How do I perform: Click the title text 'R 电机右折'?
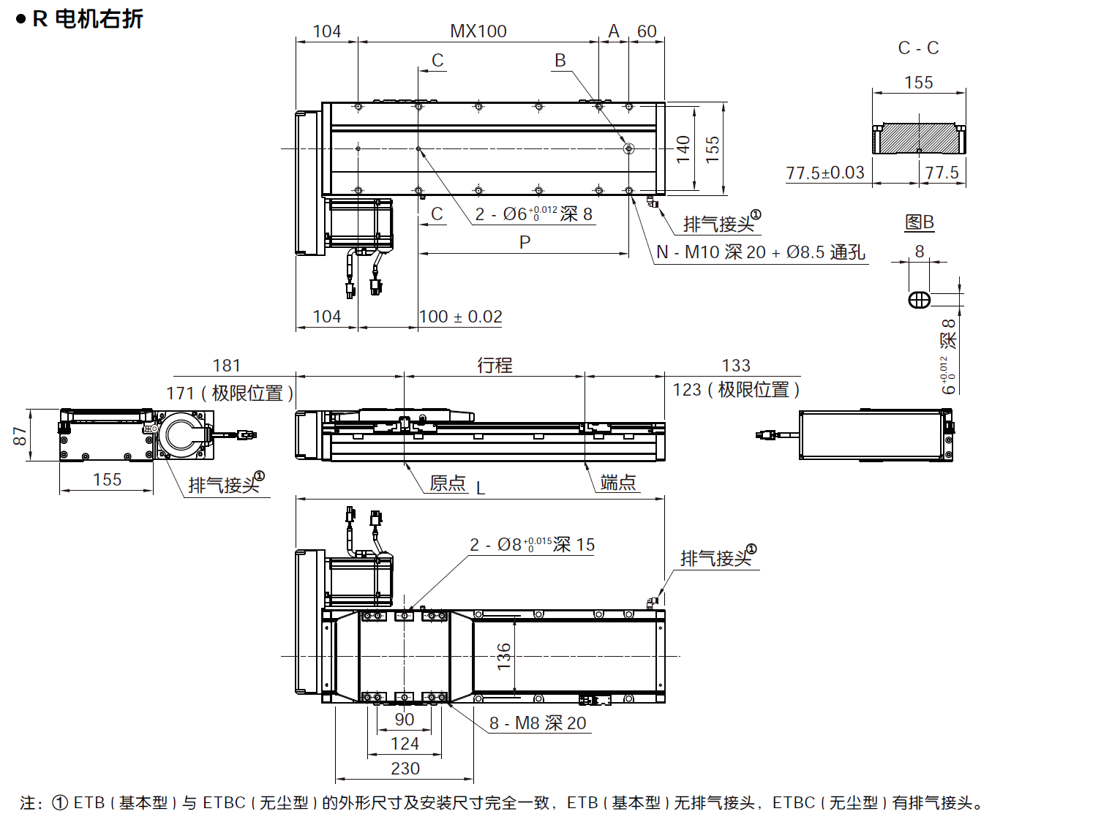(x=88, y=19)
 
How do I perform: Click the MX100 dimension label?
(x=478, y=31)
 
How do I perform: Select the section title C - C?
(x=918, y=48)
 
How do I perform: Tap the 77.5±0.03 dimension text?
(x=825, y=173)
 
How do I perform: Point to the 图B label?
(x=920, y=222)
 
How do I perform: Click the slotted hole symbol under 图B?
(x=920, y=300)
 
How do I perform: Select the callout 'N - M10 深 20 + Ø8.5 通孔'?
(x=761, y=252)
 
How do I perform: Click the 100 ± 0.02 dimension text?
(x=461, y=317)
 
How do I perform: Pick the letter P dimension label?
(x=525, y=242)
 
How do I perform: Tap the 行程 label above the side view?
(x=495, y=365)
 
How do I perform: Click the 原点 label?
(x=448, y=483)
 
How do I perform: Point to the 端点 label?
(x=618, y=483)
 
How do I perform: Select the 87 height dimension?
(x=20, y=436)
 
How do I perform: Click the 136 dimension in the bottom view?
(x=504, y=656)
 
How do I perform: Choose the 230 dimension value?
(x=405, y=769)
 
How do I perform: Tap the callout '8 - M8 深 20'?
(x=538, y=723)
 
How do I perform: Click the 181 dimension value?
(x=227, y=366)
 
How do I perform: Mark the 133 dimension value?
(x=736, y=366)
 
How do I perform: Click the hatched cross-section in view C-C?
(x=919, y=139)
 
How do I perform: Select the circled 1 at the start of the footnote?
(x=61, y=803)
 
